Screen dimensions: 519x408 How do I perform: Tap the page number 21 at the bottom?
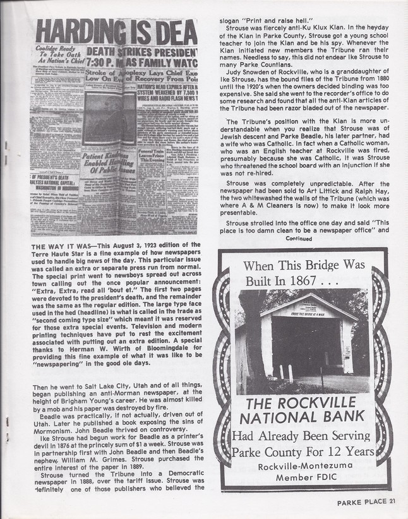392,503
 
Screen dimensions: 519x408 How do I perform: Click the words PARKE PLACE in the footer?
359,503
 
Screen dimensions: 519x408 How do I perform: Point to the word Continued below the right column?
299,239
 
